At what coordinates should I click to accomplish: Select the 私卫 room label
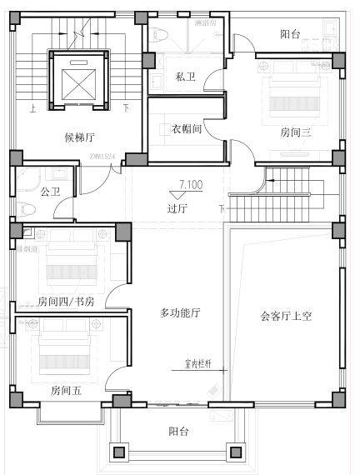pyautogui.click(x=185, y=77)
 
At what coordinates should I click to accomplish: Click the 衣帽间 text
pyautogui.click(x=187, y=129)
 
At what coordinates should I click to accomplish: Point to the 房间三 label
pyautogui.click(x=295, y=132)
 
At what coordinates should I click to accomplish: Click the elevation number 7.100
pyautogui.click(x=190, y=185)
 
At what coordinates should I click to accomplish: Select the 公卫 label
pyautogui.click(x=51, y=192)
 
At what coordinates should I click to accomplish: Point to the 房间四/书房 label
pyautogui.click(x=67, y=302)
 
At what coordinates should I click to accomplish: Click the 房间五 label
pyautogui.click(x=66, y=389)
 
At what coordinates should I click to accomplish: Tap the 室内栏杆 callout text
pyautogui.click(x=199, y=364)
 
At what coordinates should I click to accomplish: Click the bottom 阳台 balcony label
pyautogui.click(x=178, y=431)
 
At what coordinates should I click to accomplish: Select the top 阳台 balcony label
pyautogui.click(x=290, y=34)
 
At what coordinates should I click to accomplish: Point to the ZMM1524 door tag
pyautogui.click(x=102, y=156)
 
